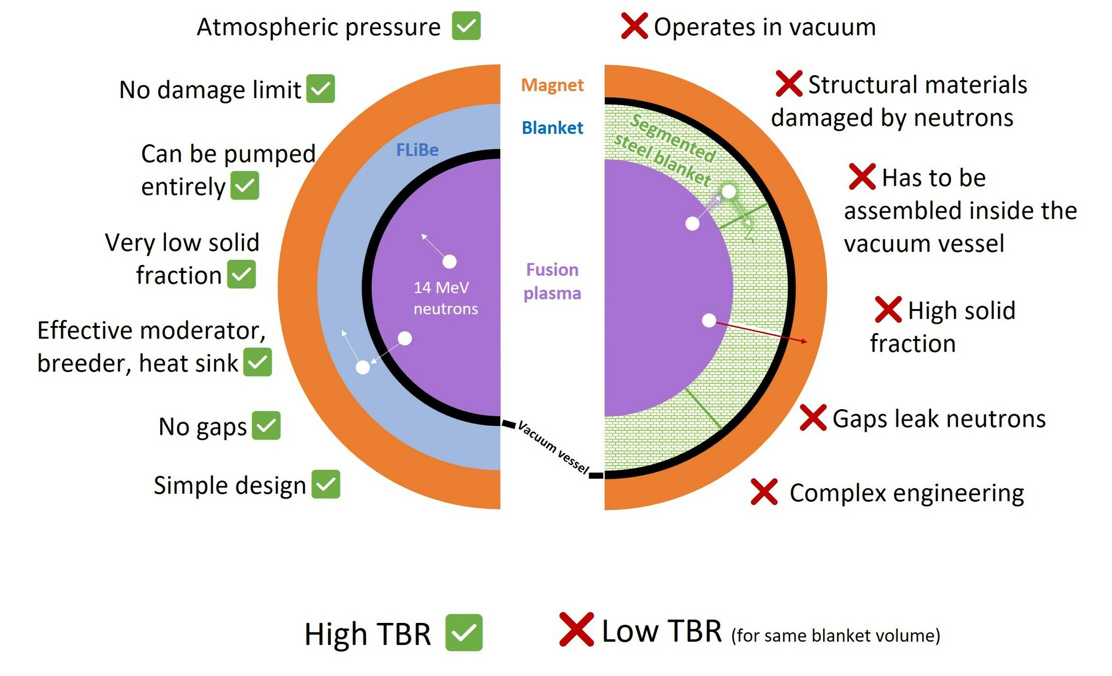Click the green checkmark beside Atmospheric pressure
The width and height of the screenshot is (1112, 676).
tap(466, 26)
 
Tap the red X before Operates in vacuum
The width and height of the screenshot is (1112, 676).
tap(634, 26)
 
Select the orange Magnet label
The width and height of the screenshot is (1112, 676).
tap(552, 85)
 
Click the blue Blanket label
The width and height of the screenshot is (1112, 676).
tap(552, 128)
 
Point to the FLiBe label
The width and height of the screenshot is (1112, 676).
tap(417, 150)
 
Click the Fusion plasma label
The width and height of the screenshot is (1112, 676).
tap(552, 281)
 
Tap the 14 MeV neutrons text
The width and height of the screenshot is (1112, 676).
tap(445, 298)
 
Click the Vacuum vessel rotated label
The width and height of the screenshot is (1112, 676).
tap(553, 447)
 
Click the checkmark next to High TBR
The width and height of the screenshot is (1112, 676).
tap(464, 632)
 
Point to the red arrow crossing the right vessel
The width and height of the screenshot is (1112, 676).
tap(761, 332)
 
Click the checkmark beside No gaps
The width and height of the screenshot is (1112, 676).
tap(266, 426)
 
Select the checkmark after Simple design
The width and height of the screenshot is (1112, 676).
tap(325, 484)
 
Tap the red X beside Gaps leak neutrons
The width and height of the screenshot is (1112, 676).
tap(813, 418)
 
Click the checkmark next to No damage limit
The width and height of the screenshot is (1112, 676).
tap(320, 89)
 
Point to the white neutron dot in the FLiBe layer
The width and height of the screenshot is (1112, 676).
tap(362, 368)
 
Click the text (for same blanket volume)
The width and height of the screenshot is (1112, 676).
tap(835, 635)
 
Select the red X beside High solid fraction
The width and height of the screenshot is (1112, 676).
tap(888, 309)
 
